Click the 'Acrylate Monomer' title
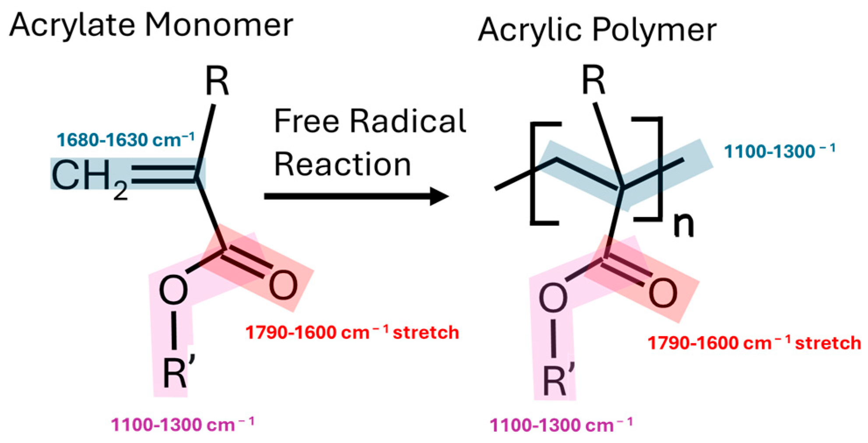[151, 25]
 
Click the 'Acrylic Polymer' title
[597, 31]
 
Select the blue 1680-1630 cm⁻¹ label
[126, 140]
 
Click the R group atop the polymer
[594, 81]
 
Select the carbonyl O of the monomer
[283, 285]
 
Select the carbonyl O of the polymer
[663, 293]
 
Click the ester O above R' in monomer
[173, 290]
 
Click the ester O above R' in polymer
[553, 298]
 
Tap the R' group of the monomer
[178, 372]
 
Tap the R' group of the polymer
[558, 379]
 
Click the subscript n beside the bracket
[683, 225]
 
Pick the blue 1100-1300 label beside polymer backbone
[780, 151]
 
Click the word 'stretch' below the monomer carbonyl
[425, 333]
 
